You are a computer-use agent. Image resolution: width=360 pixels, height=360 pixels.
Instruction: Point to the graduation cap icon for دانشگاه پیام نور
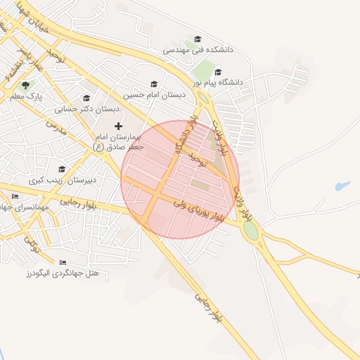[x=218, y=72]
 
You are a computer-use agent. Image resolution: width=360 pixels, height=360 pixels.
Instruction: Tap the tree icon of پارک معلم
[x=25, y=85]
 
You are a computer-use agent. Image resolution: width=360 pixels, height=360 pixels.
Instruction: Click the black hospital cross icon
[x=117, y=125]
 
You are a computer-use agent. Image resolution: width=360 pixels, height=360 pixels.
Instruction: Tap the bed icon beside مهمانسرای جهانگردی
[x=6, y=196]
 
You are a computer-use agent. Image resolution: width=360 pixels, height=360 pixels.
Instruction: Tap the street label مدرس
[x=56, y=128]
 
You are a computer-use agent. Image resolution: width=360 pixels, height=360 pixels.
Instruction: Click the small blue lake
[x=342, y=186]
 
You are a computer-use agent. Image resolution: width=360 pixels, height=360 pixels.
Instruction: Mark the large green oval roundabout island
[x=250, y=229]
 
